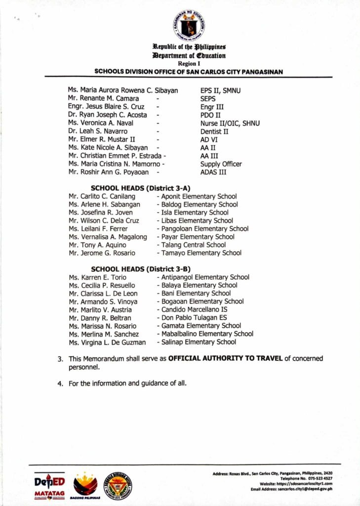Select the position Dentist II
(215, 131)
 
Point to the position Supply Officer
(221, 164)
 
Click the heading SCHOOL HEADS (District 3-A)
(141, 188)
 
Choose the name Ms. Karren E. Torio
(97, 277)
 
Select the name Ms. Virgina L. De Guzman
(107, 342)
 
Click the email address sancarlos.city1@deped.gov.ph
(305, 489)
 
